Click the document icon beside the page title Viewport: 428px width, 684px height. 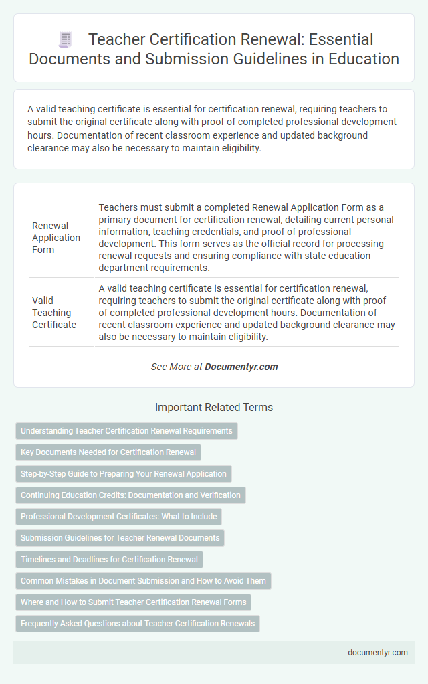65,41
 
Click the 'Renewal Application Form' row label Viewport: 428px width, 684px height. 56,238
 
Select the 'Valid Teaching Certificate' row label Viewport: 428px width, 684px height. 55,313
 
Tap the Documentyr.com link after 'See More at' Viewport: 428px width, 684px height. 241,367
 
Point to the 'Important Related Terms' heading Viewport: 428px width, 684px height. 214,407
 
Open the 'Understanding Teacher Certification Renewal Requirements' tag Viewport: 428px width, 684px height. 126,431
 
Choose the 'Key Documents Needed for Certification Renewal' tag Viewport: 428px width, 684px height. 108,452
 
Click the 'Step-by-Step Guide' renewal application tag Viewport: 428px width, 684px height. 124,474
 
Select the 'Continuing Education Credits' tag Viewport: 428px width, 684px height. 130,495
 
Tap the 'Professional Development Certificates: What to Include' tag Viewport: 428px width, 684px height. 118,517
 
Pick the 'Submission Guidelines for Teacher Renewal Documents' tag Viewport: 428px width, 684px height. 120,538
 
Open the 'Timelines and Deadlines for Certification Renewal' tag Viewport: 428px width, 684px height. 109,560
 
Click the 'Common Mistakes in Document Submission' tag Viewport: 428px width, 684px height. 143,581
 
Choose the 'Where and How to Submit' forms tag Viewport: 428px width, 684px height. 133,602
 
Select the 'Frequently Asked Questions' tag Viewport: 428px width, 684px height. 138,624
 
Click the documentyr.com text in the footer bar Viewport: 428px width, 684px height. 378,653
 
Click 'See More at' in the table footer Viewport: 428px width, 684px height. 177,367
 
